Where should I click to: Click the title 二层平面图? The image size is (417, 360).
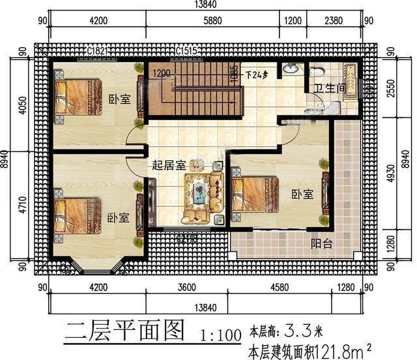click(124, 329)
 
